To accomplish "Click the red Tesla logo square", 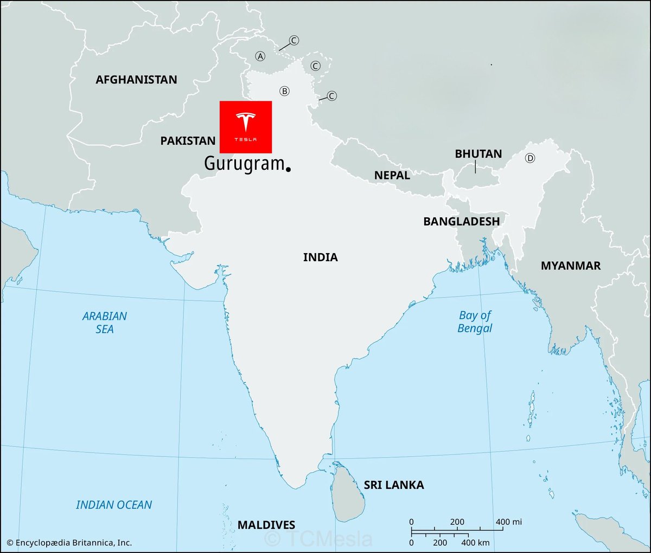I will [245, 127].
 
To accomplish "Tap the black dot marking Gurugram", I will [288, 169].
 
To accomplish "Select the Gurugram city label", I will [244, 163].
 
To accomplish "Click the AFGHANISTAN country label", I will [136, 80].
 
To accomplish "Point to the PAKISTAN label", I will [188, 141].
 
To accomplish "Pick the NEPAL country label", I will [392, 176].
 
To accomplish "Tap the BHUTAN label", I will [478, 154].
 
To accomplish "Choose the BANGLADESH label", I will [461, 221].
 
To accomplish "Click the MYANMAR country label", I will [570, 266].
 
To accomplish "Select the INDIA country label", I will [320, 257].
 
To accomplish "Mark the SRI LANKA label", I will [393, 485].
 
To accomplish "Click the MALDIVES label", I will [266, 525].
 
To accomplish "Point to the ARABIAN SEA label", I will [105, 323].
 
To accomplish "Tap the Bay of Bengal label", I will [475, 321].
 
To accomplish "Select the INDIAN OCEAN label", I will [114, 505].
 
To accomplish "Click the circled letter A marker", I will [260, 56].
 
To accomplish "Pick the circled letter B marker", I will [284, 91].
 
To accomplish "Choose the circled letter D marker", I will [530, 158].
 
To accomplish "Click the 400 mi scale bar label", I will [508, 522].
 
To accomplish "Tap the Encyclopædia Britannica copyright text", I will [69, 542].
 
